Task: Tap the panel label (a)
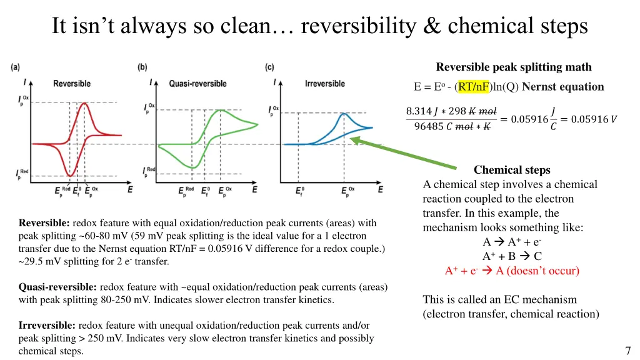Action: pyautogui.click(x=15, y=67)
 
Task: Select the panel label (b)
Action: pyautogui.click(x=142, y=67)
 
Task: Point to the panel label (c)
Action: pyautogui.click(x=270, y=67)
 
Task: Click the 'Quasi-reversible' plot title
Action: pyautogui.click(x=199, y=84)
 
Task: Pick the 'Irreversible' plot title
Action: pyautogui.click(x=325, y=84)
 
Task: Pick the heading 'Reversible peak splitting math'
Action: pyautogui.click(x=513, y=67)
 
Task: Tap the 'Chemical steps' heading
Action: pyautogui.click(x=512, y=170)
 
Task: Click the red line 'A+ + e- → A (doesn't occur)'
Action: pyautogui.click(x=512, y=271)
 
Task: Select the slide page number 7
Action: pyautogui.click(x=627, y=350)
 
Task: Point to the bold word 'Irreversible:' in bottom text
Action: pyautogui.click(x=47, y=326)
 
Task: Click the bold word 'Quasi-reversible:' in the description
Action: pyautogui.click(x=57, y=287)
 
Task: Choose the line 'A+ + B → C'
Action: pyautogui.click(x=512, y=256)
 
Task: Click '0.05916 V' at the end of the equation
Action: pyautogui.click(x=587, y=119)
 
